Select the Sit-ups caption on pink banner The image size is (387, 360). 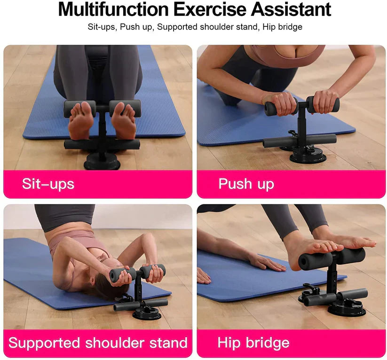[x=48, y=183]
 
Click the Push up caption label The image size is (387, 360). [x=246, y=183]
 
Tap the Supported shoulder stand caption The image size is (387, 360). [x=98, y=343]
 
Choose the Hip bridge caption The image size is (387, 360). [x=253, y=343]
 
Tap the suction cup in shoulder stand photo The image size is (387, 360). [x=147, y=312]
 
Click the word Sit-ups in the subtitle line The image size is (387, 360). [x=101, y=27]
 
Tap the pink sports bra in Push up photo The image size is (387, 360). [x=287, y=56]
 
